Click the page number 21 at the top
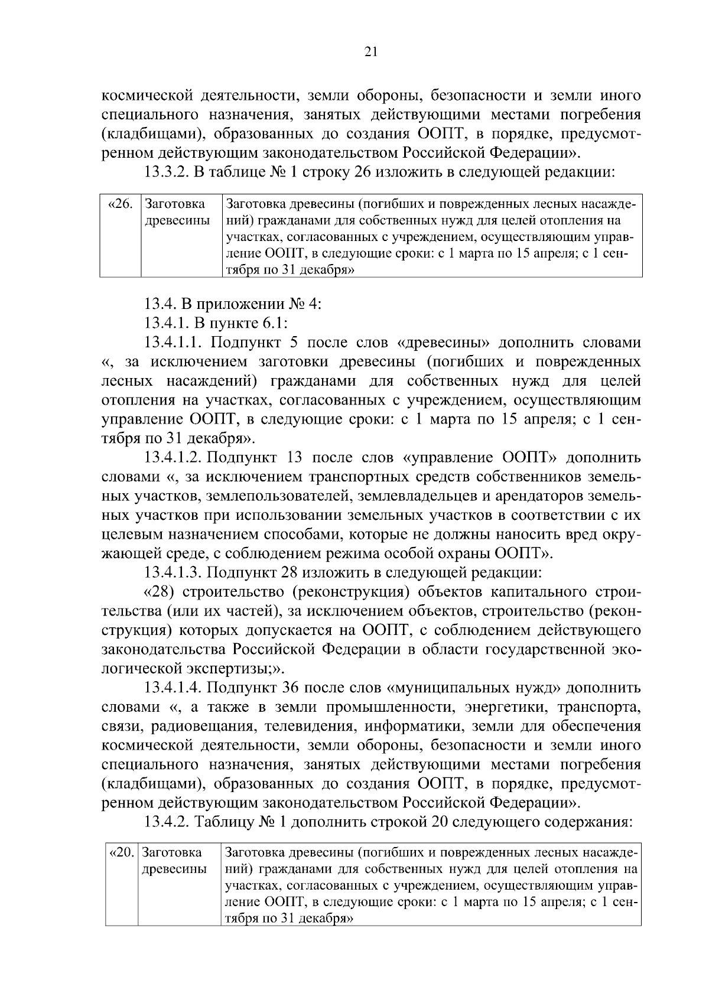pyautogui.click(x=370, y=51)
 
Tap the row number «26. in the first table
pyautogui.click(x=121, y=205)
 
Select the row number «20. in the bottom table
pyautogui.click(x=122, y=852)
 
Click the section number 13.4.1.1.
pyautogui.click(x=174, y=343)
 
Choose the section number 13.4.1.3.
pyautogui.click(x=174, y=572)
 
